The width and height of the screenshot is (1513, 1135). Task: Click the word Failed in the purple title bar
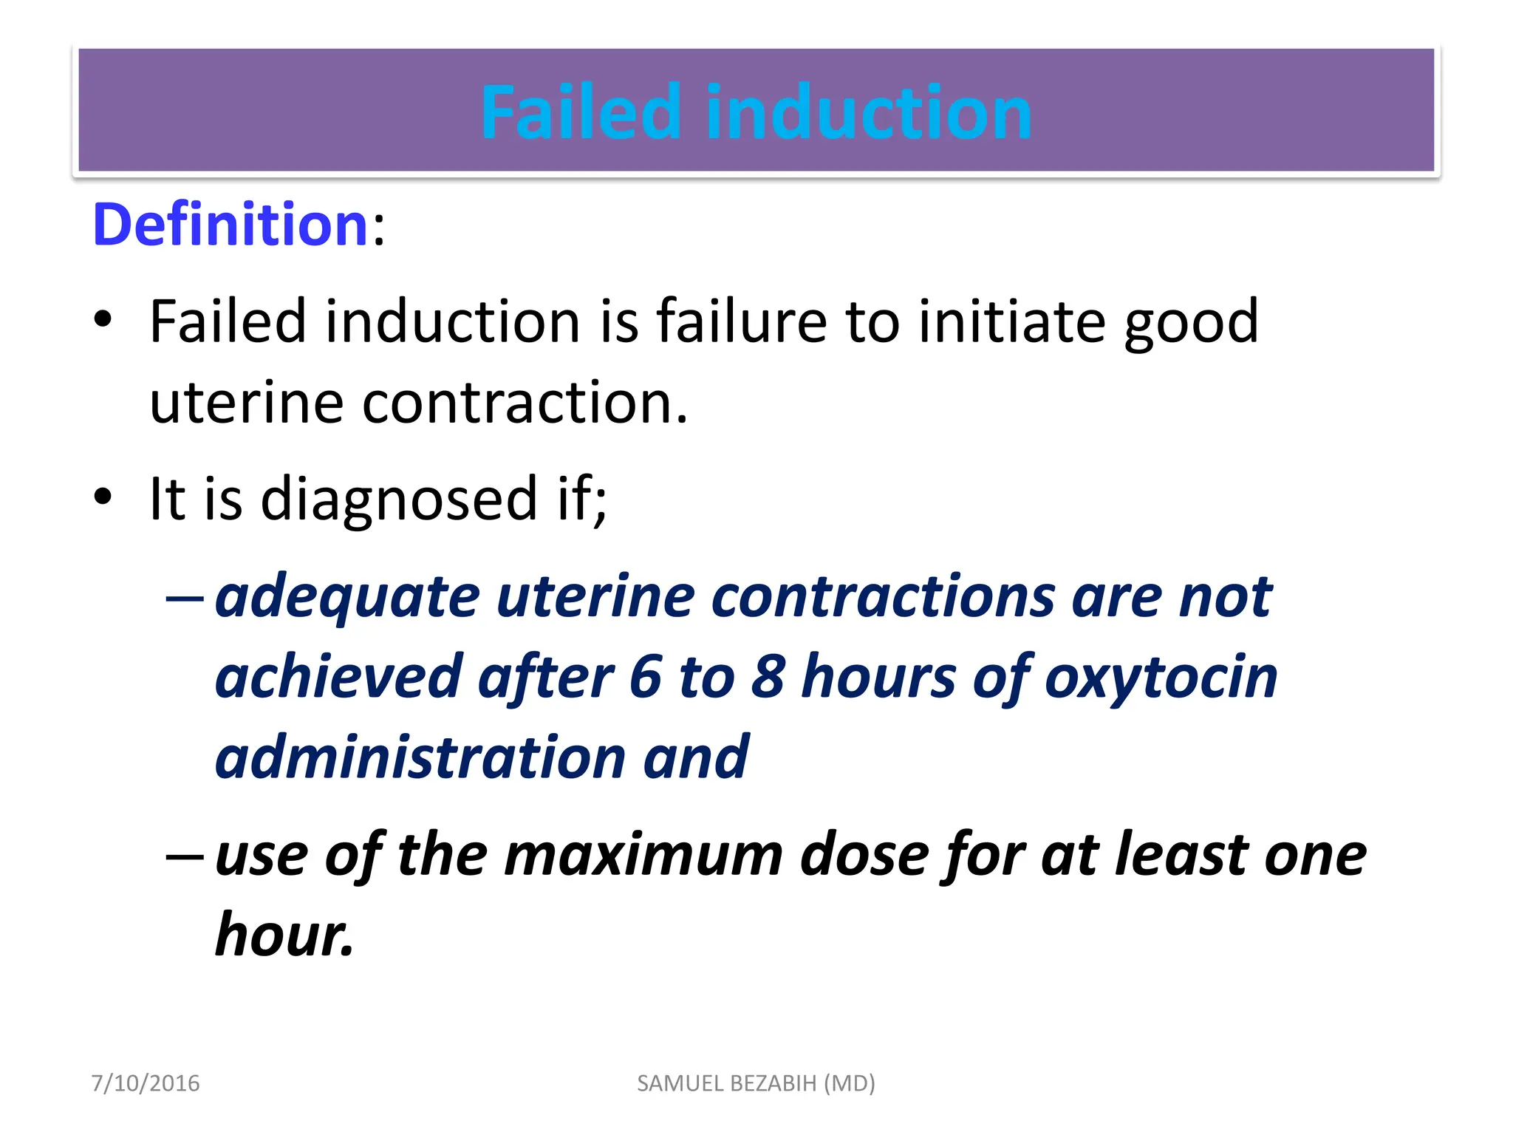(580, 112)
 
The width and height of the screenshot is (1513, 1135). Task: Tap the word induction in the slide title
(869, 112)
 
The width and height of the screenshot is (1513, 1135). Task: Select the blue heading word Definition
(230, 225)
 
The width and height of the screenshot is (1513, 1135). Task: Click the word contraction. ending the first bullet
(525, 403)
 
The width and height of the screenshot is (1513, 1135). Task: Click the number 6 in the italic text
(645, 677)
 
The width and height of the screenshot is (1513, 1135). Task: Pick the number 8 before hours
(768, 677)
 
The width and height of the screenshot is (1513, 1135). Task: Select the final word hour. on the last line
(284, 935)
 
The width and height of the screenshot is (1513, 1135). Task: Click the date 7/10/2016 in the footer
(146, 1083)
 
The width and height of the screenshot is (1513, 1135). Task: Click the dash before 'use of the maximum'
(185, 856)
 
